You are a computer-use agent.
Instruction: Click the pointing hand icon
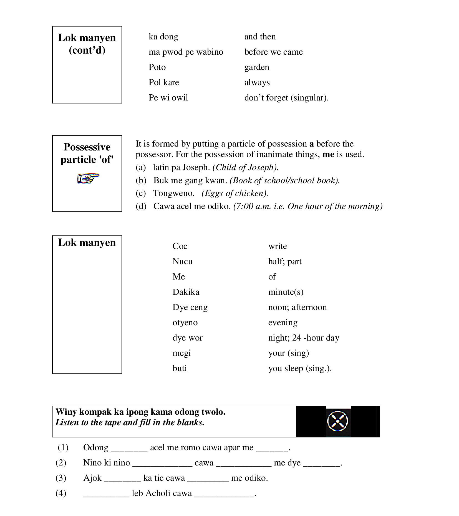pos(88,178)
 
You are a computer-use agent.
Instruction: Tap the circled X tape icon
pos(338,421)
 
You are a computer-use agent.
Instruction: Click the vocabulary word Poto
pos(157,67)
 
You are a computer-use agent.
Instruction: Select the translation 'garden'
pos(257,67)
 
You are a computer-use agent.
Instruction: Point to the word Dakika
pos(186,292)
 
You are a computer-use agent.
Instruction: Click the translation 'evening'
pos(283,323)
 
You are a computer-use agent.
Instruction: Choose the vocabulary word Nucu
pos(182,261)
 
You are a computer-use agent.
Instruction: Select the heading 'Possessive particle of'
pos(87,153)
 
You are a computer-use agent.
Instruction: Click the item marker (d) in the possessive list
pos(141,206)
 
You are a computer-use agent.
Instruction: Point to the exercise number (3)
pos(61,478)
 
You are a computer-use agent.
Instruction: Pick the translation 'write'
pos(277,246)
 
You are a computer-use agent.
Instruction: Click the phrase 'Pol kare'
pos(164,82)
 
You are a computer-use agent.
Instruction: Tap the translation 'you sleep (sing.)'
pos(300,368)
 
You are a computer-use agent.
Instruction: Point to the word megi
pos(181,353)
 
